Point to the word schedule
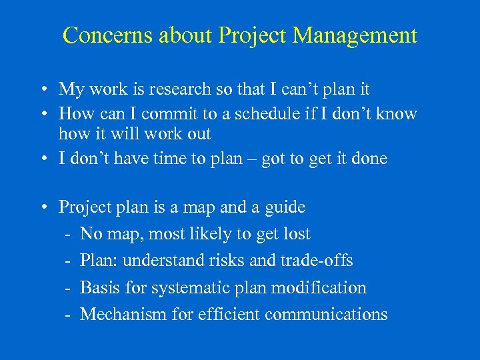pos(253,114)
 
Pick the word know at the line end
pos(397,114)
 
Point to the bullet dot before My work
pos(42,89)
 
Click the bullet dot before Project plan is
pos(42,208)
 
